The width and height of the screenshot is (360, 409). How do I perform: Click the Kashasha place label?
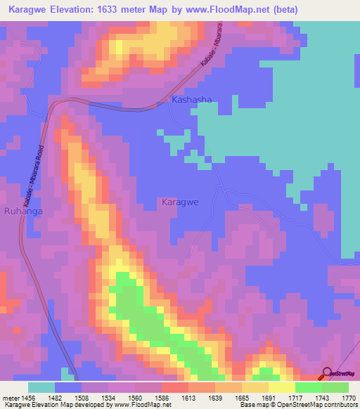tap(191, 100)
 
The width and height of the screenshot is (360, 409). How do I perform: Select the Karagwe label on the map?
tap(181, 202)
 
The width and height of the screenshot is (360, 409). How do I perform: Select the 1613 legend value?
tap(188, 397)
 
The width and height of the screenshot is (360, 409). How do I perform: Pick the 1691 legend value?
tap(268, 397)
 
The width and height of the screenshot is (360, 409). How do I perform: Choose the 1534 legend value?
tap(108, 397)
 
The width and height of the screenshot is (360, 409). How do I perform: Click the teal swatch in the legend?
tap(41, 387)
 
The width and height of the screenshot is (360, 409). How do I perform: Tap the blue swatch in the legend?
tap(67, 387)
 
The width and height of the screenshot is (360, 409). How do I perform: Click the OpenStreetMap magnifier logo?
tap(328, 373)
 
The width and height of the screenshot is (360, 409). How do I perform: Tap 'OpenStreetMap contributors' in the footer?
tap(322, 405)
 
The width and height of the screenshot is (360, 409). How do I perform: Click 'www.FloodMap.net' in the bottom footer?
tap(147, 405)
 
